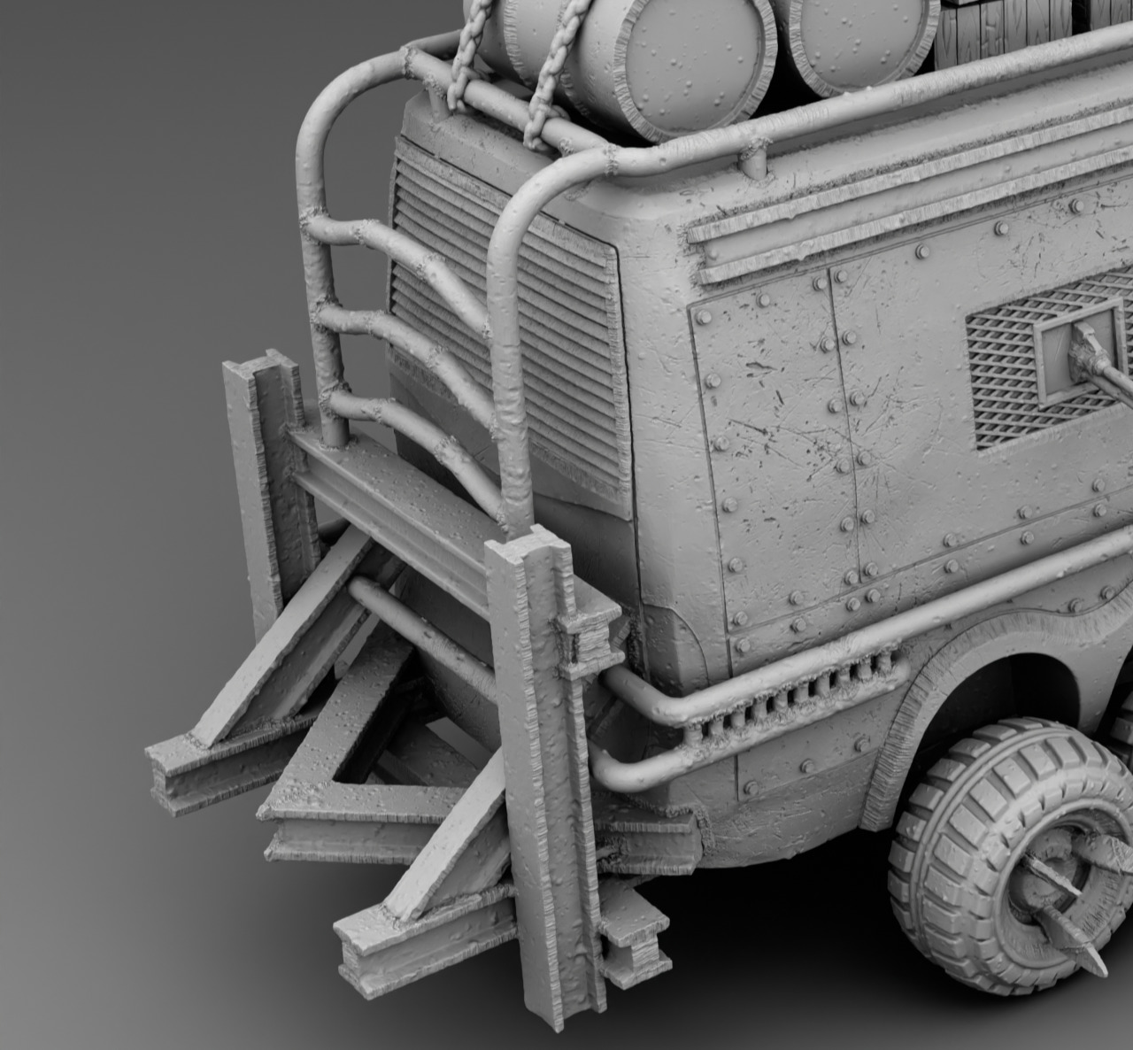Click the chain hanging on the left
(457, 71)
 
